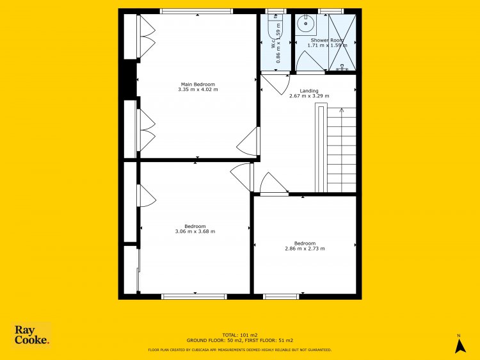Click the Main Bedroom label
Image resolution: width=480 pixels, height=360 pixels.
(198, 85)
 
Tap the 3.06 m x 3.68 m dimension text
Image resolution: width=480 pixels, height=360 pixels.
(195, 231)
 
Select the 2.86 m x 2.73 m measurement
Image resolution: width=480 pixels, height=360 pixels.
(305, 249)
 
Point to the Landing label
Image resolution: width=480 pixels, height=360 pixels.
(309, 91)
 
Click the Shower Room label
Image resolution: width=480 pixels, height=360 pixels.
(327, 40)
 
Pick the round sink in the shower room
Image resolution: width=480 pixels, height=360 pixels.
(305, 23)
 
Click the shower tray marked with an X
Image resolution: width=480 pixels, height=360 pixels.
(342, 42)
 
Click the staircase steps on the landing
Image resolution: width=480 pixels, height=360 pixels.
(341, 150)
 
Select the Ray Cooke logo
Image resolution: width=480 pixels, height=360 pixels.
(31, 335)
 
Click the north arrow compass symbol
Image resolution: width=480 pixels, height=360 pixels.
(460, 345)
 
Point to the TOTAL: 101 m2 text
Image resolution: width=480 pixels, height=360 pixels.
(240, 335)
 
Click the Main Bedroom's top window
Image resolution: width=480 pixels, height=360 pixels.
(196, 12)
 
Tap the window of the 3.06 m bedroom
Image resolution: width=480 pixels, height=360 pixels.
(194, 297)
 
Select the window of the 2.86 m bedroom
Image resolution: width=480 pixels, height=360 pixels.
(281, 297)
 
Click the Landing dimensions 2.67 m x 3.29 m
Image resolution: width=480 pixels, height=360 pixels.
(309, 96)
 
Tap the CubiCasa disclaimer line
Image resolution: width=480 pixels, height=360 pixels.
(240, 350)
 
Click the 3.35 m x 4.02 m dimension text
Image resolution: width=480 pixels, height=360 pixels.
(198, 90)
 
